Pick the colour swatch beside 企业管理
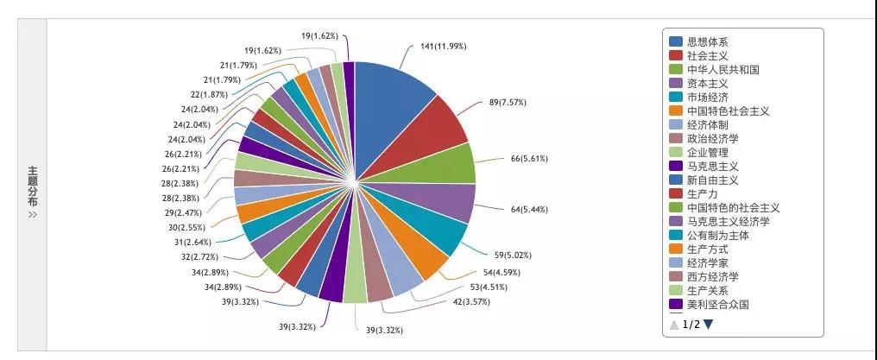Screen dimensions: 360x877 click(x=676, y=152)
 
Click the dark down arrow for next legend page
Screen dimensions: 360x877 click(x=709, y=325)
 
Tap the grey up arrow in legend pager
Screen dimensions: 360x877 click(x=674, y=325)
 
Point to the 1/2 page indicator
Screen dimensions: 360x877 click(x=691, y=325)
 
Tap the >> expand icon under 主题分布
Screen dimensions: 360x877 click(x=33, y=215)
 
